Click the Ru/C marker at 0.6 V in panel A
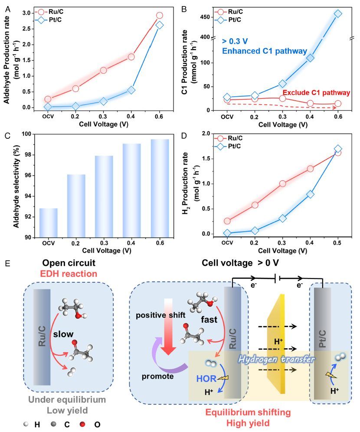coord(159,15)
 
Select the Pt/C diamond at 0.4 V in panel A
coord(131,90)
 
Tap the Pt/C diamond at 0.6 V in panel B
coord(338,14)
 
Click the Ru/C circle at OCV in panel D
coord(227,221)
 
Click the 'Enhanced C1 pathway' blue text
coord(253,51)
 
